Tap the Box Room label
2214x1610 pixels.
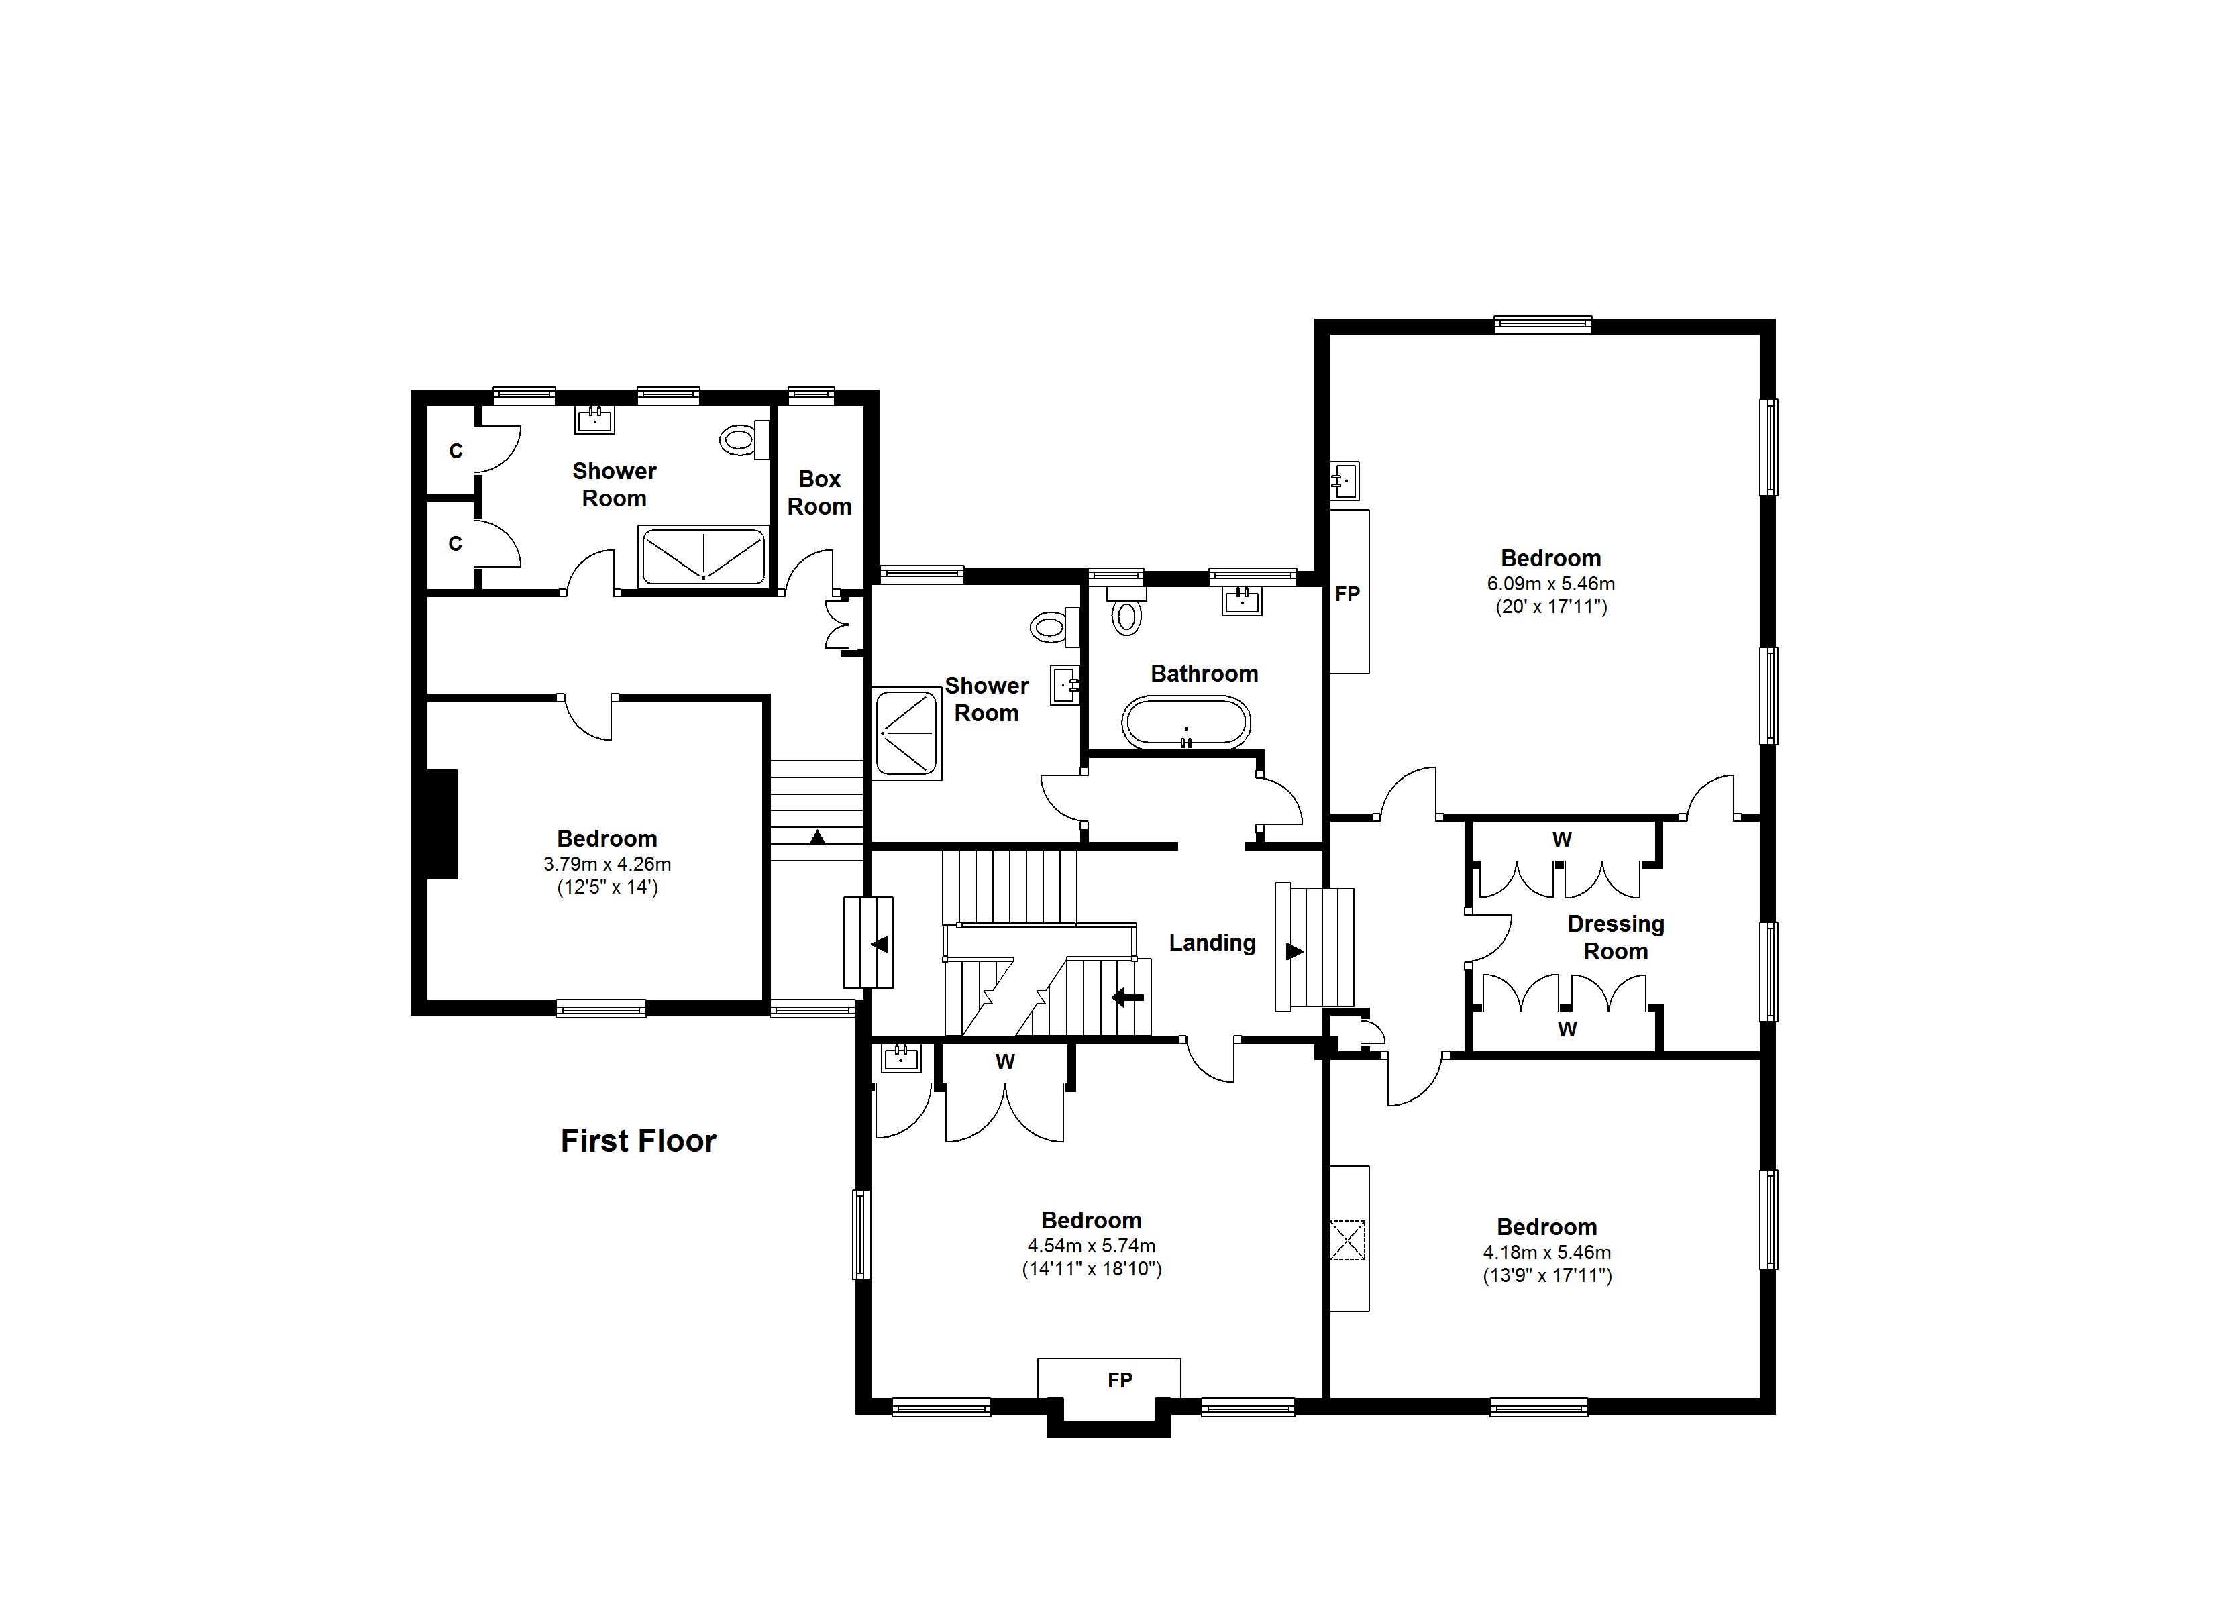click(x=819, y=492)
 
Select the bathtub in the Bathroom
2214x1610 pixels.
click(x=1185, y=722)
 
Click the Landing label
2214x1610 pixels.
click(x=1212, y=942)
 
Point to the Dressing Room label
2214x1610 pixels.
click(x=1615, y=937)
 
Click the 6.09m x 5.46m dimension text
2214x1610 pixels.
click(x=1550, y=584)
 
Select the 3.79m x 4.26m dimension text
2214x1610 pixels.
click(x=607, y=864)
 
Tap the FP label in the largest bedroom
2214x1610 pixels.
click(x=1347, y=594)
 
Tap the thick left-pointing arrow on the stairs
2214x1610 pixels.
click(x=1128, y=997)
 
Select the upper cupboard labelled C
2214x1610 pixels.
click(x=455, y=451)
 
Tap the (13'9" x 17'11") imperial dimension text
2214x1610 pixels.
click(x=1546, y=1275)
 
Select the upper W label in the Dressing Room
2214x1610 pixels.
click(x=1562, y=839)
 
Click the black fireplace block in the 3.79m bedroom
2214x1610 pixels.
click(x=442, y=824)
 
